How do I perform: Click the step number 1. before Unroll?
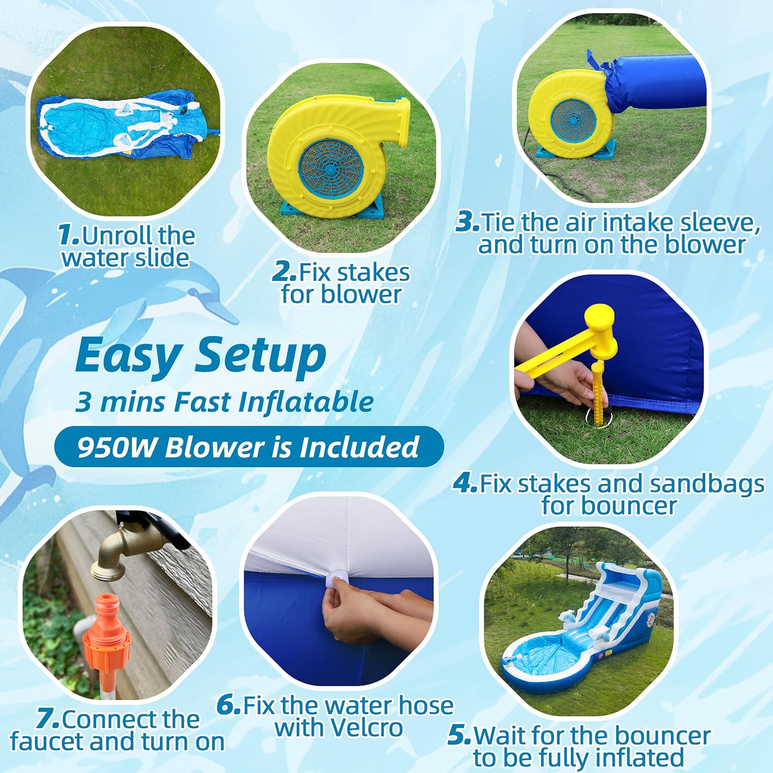tap(69, 235)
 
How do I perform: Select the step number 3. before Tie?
tap(468, 222)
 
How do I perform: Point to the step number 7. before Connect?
tap(48, 718)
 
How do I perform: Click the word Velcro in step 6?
tap(367, 728)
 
